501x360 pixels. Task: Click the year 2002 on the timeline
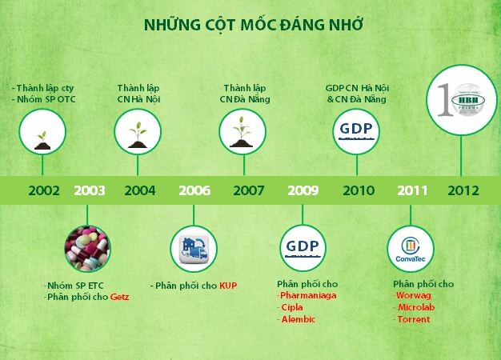[43, 190]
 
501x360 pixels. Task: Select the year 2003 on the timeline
[89, 190]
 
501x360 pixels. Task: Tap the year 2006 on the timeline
[194, 190]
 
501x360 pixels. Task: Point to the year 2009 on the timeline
[303, 190]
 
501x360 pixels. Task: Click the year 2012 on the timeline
[463, 190]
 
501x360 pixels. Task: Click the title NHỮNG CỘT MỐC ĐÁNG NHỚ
[253, 24]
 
